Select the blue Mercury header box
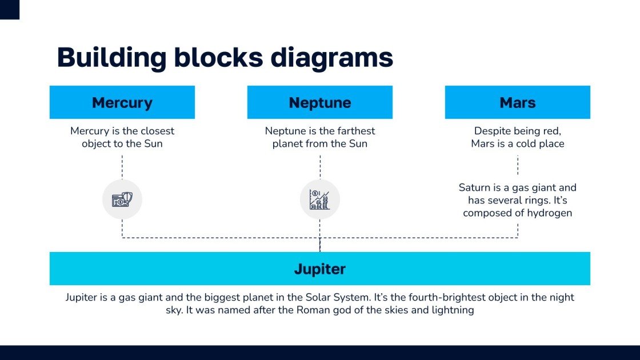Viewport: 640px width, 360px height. pos(122,102)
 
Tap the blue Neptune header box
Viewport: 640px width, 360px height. pos(320,102)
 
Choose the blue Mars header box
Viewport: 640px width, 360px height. pos(517,102)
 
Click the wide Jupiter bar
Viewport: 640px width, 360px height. pos(320,269)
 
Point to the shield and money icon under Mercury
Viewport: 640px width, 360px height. pos(122,200)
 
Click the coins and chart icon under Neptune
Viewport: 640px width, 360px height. pos(320,199)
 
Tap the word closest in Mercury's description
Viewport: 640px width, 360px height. pos(155,131)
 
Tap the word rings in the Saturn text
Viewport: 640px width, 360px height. pos(535,201)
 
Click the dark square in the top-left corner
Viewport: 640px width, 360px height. pos(10,9)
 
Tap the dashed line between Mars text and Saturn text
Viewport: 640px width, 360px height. pos(518,165)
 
